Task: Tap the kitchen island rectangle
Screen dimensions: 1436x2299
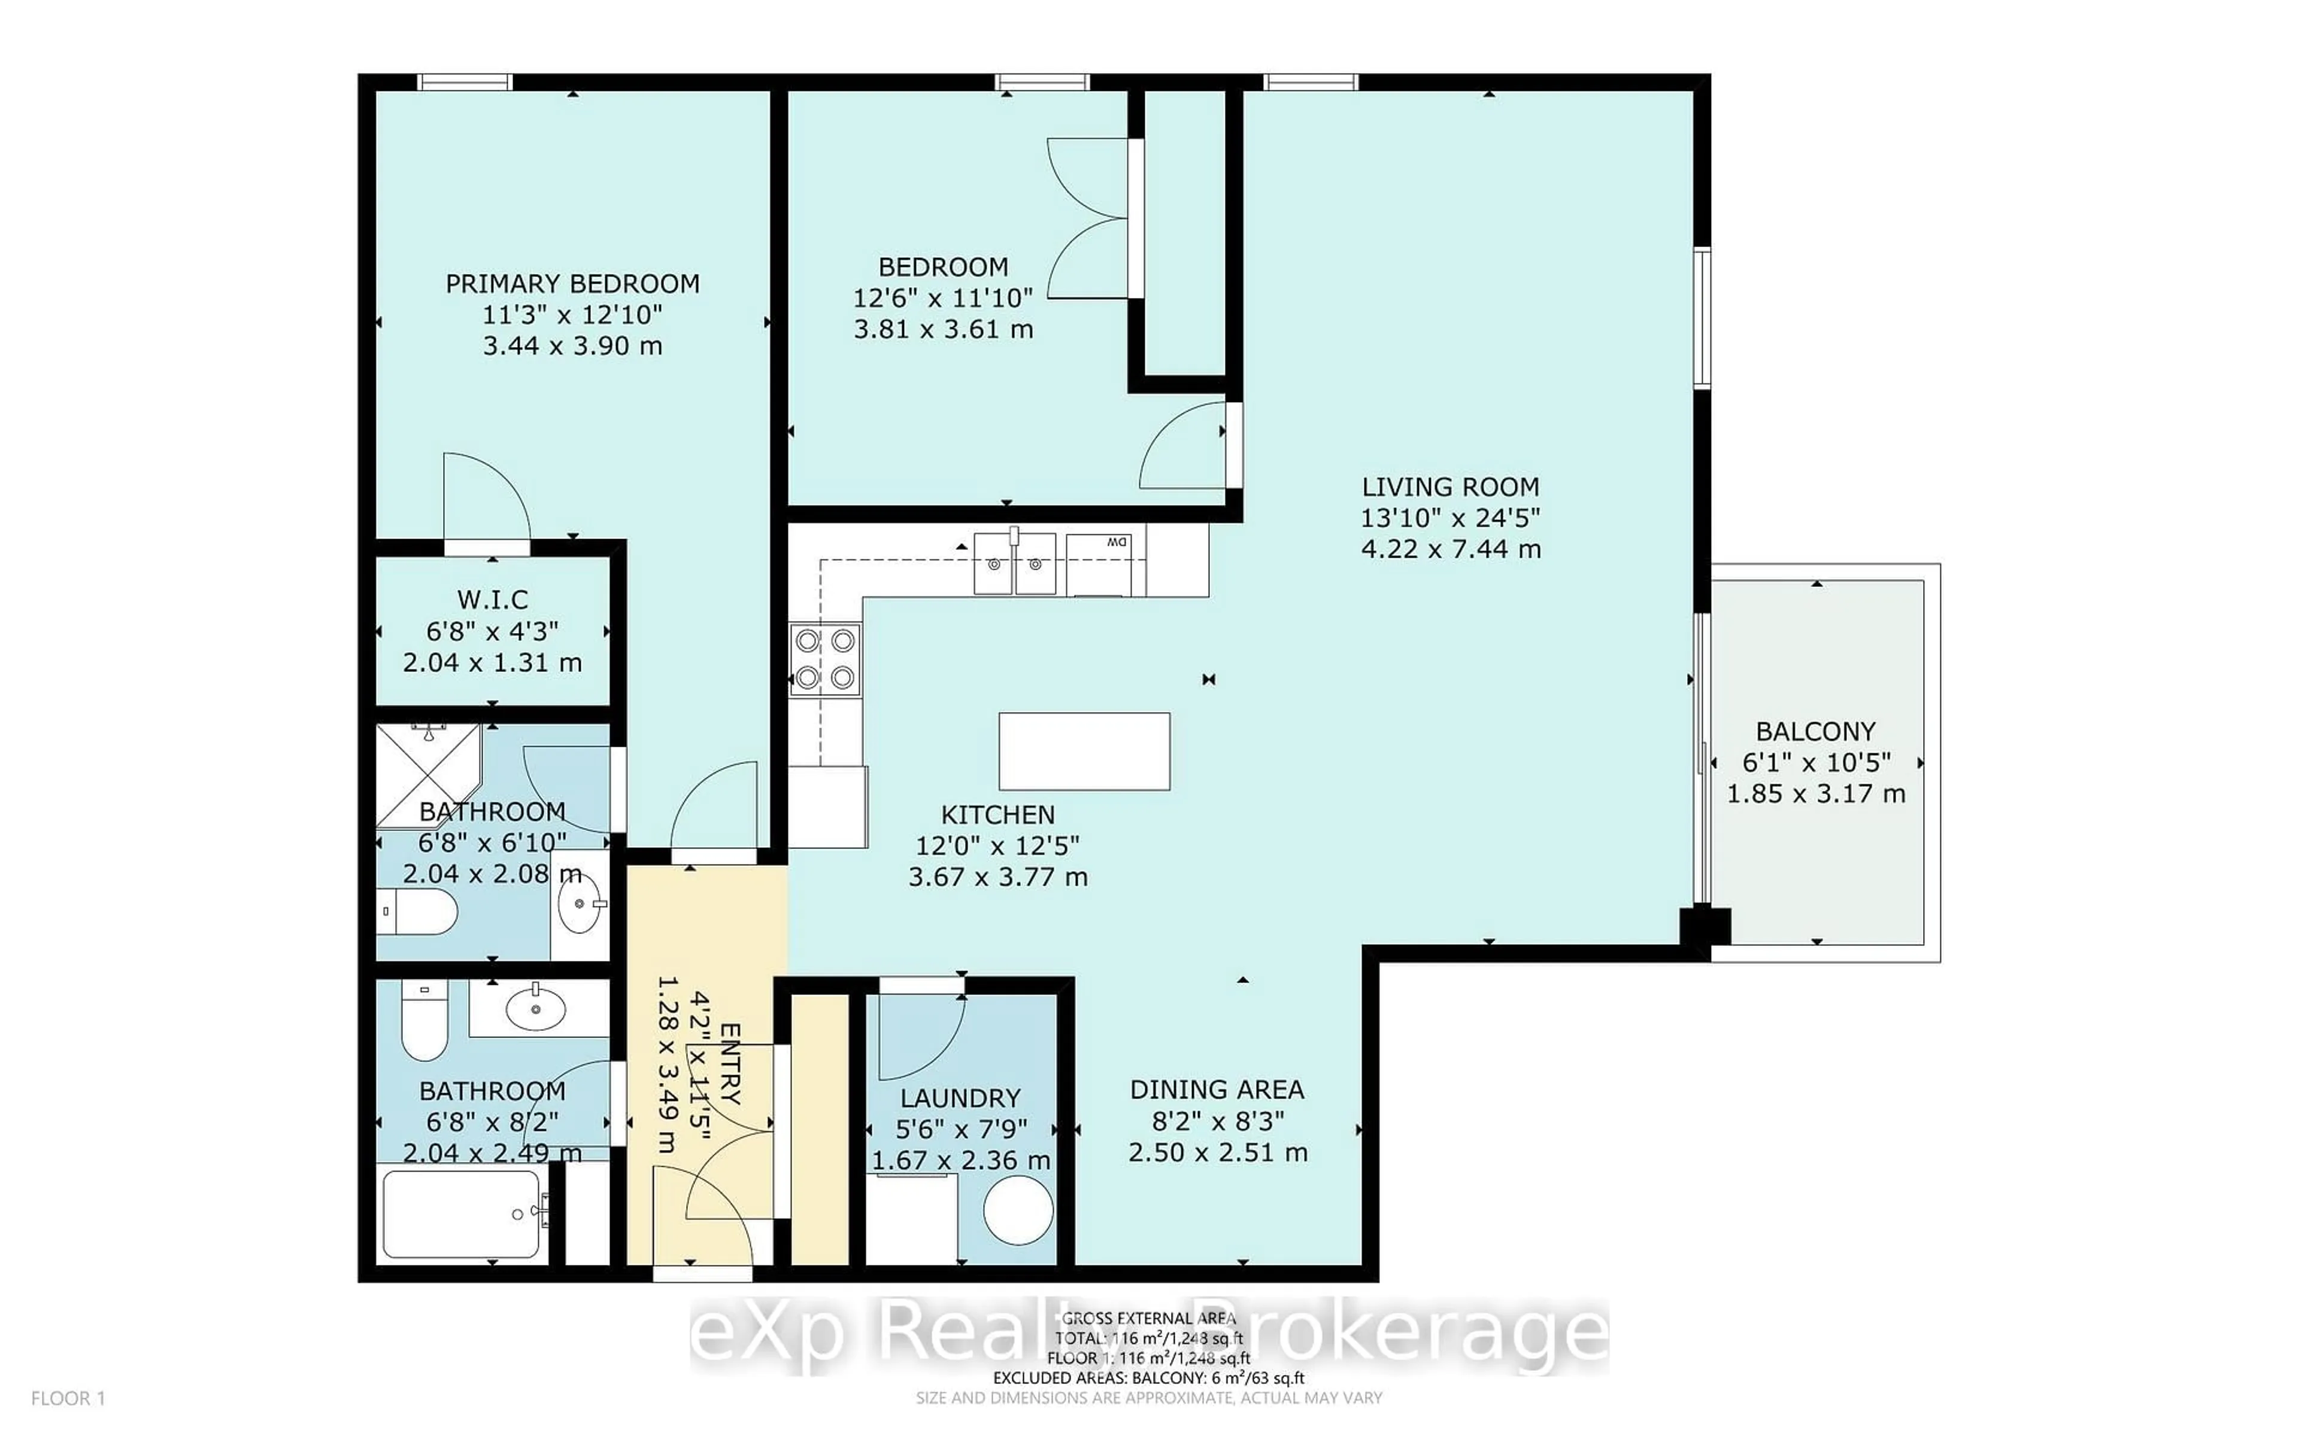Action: coord(1084,752)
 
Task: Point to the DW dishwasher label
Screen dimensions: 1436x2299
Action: coord(1116,542)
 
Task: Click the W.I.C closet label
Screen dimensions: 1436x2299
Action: coord(492,600)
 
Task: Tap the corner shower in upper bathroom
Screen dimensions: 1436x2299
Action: coord(427,774)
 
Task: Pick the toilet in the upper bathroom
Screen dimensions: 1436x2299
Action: coord(418,912)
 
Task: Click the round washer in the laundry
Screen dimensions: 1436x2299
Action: coord(1017,1211)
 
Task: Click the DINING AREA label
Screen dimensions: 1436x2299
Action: coord(1217,1090)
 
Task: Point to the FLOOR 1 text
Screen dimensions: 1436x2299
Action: coord(68,1398)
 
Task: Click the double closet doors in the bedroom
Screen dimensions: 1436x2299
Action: coord(1088,218)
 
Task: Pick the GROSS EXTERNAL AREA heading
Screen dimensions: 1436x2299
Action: coord(1148,1318)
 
